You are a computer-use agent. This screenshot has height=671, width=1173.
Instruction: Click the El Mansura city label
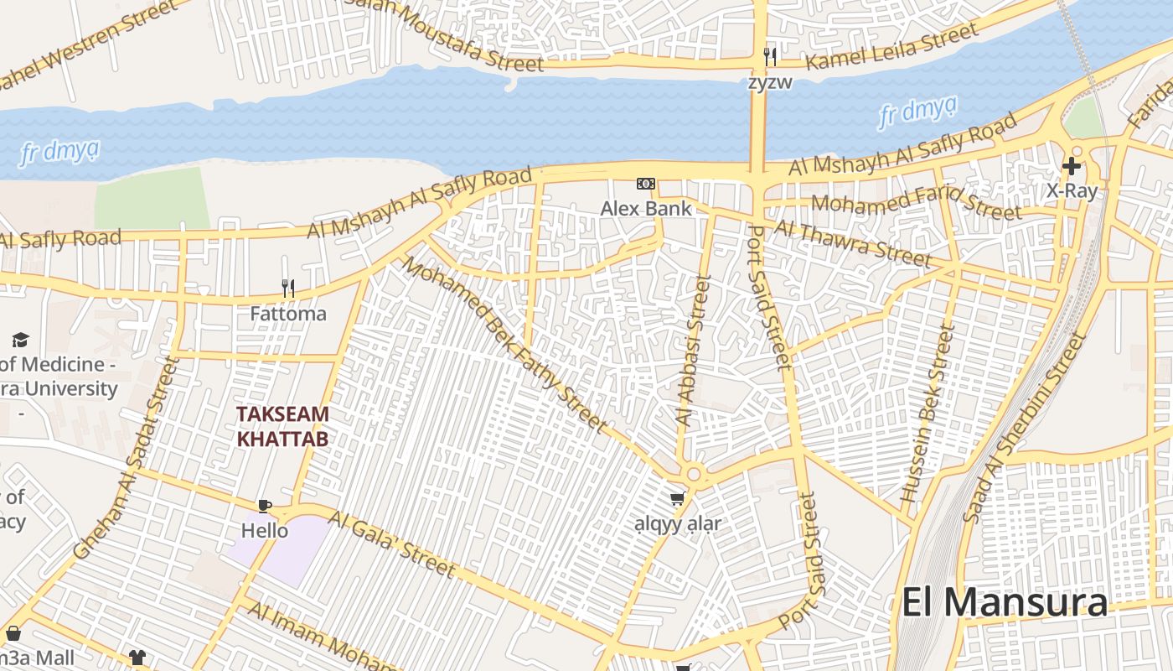coord(1004,602)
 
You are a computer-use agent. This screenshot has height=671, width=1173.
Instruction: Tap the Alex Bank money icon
coord(646,184)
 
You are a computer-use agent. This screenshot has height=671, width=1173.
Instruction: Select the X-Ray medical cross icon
coord(1071,166)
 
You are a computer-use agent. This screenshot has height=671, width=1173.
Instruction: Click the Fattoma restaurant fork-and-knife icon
coord(288,289)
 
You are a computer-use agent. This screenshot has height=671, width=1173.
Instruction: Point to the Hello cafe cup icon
coord(265,506)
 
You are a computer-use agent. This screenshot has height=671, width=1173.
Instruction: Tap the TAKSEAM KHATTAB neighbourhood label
coord(282,426)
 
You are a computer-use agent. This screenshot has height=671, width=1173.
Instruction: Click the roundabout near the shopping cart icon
coord(693,475)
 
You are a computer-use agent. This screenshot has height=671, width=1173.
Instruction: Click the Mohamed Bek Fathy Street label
coord(504,345)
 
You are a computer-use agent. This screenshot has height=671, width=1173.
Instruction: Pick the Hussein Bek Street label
coord(928,415)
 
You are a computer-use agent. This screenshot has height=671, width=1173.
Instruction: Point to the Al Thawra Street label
coord(851,243)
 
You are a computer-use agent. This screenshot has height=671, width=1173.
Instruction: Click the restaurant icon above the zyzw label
coord(770,57)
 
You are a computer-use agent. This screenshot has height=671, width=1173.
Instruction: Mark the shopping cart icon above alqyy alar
coord(678,499)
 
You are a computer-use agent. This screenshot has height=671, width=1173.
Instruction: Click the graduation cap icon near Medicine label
coord(20,340)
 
